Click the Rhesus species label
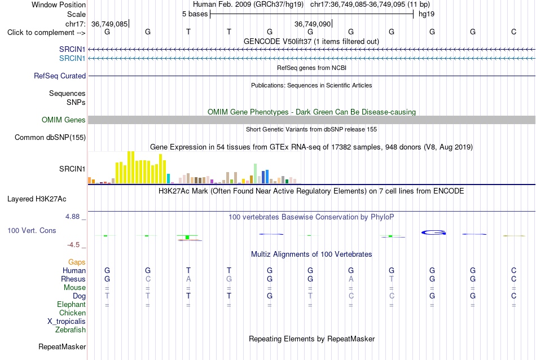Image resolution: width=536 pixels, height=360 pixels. point(73,279)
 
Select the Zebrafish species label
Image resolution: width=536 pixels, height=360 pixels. point(71,330)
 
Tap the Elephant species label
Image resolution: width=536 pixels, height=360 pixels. point(71,304)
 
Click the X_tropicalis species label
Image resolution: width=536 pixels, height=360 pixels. point(67,322)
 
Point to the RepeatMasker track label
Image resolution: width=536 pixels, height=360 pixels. point(62,346)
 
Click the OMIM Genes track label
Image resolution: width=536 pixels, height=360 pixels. point(63,120)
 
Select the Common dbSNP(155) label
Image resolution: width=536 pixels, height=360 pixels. point(50,138)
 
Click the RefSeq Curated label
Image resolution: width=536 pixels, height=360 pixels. point(59,76)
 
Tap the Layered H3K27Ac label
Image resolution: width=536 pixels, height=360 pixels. point(37,199)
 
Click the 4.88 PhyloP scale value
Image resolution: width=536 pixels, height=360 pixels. point(72,217)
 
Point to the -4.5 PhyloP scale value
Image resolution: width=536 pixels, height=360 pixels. point(73,245)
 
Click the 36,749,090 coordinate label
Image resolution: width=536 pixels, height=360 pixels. point(313,24)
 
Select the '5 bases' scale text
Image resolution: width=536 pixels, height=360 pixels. point(195,14)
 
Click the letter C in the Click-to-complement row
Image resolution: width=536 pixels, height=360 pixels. point(513,32)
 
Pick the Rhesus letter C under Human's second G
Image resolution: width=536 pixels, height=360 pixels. point(148,279)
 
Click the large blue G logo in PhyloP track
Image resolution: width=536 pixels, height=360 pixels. point(433,232)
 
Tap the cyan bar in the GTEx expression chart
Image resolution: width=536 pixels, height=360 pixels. point(168,178)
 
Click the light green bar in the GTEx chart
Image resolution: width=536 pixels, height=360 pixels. point(255,174)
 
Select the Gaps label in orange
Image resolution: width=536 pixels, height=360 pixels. point(77,262)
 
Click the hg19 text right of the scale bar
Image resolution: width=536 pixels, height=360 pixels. point(427,14)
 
